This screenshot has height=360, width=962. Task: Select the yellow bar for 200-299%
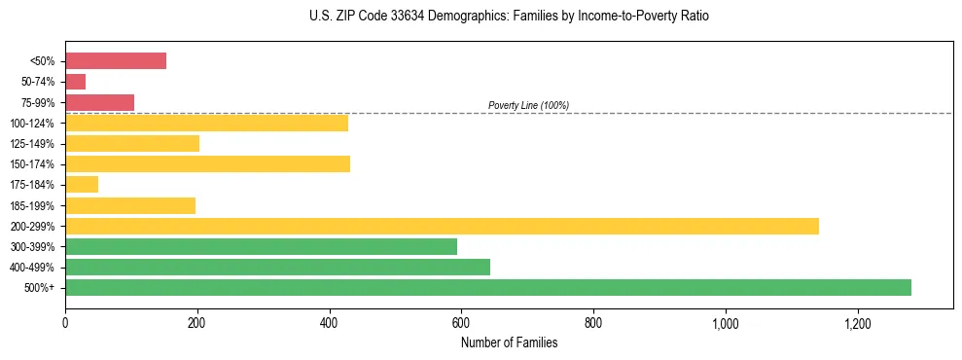tap(442, 226)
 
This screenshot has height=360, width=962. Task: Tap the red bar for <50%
tap(116, 61)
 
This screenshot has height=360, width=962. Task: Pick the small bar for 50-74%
tap(76, 82)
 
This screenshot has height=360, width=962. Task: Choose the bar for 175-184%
tap(82, 185)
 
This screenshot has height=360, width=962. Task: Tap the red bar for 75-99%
tap(99, 102)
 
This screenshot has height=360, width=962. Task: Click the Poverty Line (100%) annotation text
tap(528, 105)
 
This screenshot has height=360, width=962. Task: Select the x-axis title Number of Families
tap(509, 342)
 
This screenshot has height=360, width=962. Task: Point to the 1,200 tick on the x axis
tap(858, 322)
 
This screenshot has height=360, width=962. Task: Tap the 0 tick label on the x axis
tap(65, 322)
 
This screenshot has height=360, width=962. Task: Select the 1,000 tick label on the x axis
tap(726, 322)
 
